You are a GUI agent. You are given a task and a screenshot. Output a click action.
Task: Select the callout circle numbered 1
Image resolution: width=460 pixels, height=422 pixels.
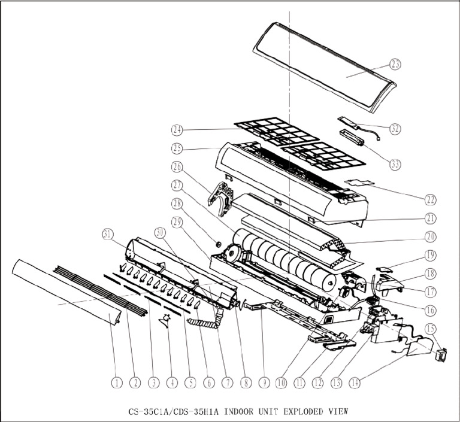117,381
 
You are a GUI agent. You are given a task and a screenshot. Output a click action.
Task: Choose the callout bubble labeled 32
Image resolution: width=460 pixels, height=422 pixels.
395,129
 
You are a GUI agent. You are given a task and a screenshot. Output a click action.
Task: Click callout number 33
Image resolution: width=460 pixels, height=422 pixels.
395,163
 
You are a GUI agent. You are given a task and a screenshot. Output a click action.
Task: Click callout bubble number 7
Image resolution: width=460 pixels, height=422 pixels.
228,381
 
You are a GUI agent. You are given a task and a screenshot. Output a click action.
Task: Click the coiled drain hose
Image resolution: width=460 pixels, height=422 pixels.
204,326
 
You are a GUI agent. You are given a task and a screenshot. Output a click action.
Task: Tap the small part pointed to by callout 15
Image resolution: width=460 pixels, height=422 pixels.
443,356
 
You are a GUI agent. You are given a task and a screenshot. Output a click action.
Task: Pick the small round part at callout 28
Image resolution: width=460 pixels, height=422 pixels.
219,244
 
